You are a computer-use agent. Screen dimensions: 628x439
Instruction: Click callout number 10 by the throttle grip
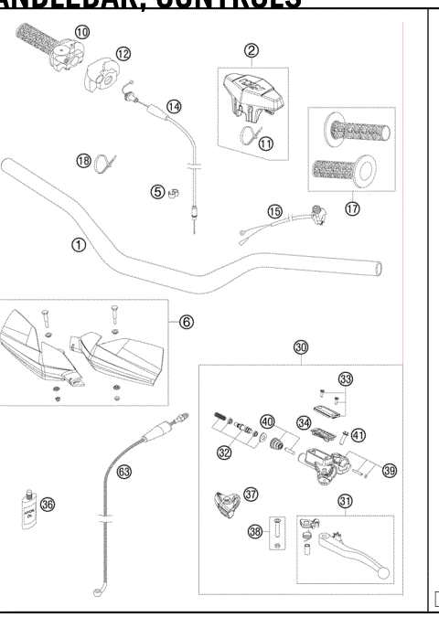(82, 32)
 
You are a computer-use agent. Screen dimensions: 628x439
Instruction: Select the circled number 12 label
(123, 53)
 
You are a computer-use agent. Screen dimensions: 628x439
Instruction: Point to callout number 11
(266, 143)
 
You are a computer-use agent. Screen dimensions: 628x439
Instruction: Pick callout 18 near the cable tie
(83, 162)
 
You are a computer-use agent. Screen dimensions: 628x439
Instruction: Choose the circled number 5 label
(157, 191)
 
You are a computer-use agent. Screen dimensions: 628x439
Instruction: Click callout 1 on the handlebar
(80, 245)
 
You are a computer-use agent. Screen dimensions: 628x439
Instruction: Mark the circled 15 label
(274, 211)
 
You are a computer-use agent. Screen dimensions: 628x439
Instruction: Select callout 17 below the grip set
(352, 207)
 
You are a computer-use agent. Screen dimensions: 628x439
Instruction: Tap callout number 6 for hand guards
(186, 322)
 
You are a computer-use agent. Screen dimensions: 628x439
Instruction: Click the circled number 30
(301, 347)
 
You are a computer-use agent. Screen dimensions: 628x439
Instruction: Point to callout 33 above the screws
(345, 378)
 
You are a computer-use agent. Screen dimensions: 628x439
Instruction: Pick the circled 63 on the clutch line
(123, 472)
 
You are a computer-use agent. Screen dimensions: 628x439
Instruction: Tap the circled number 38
(257, 530)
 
